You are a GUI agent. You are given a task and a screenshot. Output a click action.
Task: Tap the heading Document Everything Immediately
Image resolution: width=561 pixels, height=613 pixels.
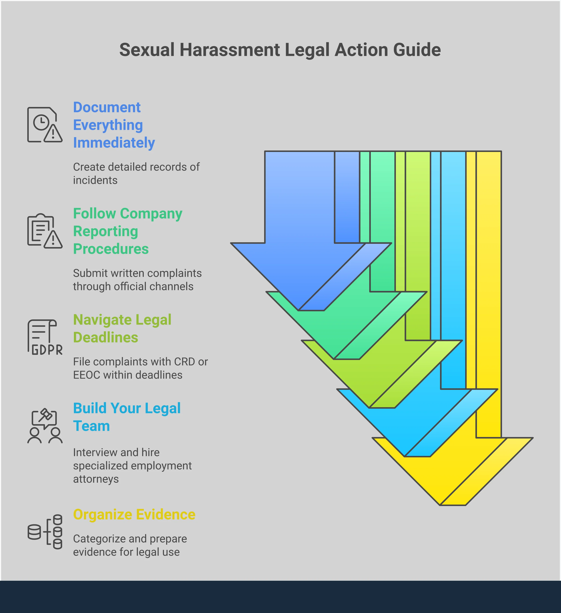[x=114, y=125]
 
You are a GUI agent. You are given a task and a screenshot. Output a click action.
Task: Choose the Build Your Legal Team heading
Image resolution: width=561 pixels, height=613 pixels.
[x=127, y=417]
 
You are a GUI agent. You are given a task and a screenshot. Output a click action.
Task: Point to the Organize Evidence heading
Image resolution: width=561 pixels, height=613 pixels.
[x=134, y=515]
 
